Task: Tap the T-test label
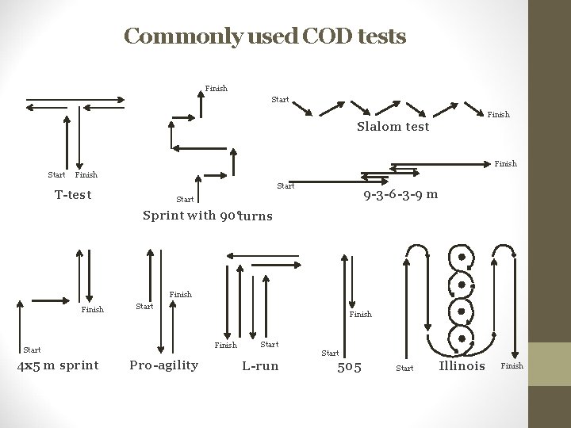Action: click(74, 195)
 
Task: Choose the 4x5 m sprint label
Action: click(60, 365)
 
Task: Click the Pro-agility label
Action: click(163, 365)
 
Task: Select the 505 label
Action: click(350, 366)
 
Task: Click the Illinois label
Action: click(462, 365)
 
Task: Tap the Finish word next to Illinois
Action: click(512, 366)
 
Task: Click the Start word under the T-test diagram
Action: click(56, 174)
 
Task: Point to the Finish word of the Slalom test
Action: click(498, 115)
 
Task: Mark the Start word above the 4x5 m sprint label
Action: click(32, 349)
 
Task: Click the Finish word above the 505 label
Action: click(360, 315)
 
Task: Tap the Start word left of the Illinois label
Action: click(404, 368)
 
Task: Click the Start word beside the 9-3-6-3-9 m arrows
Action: click(285, 187)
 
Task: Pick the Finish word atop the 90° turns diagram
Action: click(216, 88)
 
